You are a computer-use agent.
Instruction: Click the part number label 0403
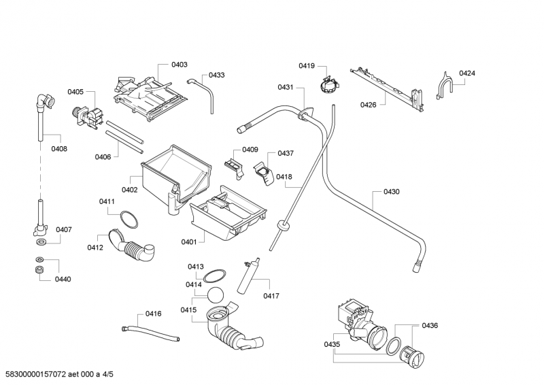(180, 65)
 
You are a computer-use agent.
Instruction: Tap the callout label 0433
(217, 75)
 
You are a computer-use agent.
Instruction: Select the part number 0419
(306, 65)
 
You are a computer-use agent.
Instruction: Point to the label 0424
(466, 73)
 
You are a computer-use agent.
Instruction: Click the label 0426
(369, 104)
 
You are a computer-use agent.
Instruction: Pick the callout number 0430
(392, 192)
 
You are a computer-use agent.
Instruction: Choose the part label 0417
(272, 295)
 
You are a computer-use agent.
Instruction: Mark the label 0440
(63, 279)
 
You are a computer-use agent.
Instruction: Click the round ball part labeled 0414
(217, 295)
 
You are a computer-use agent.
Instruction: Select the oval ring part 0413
(215, 275)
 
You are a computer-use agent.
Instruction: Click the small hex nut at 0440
(39, 271)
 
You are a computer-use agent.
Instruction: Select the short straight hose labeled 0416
(150, 333)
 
